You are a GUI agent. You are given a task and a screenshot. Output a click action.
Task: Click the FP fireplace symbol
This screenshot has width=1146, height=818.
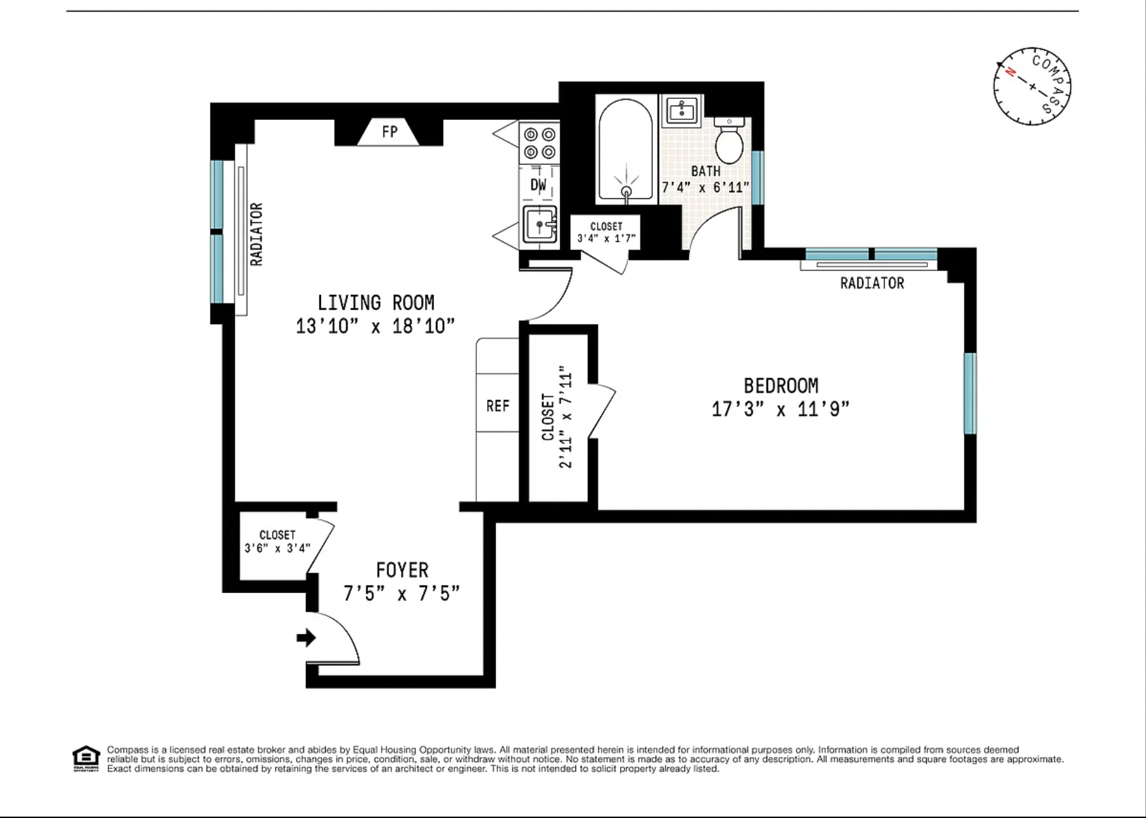tap(388, 132)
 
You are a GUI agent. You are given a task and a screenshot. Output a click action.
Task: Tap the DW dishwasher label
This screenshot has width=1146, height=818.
tap(538, 185)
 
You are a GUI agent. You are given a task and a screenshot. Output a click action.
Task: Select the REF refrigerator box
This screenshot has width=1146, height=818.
tap(497, 406)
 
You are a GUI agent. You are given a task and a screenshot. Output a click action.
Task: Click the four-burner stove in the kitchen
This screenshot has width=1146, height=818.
tap(539, 143)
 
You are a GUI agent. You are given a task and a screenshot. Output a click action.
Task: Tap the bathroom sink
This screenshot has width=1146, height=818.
tap(681, 110)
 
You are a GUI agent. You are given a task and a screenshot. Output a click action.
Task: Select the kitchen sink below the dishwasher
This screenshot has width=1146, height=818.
tap(540, 224)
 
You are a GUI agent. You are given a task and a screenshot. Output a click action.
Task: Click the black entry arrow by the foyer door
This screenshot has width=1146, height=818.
tap(307, 638)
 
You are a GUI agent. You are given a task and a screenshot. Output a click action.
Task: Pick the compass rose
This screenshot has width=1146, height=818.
tap(1032, 87)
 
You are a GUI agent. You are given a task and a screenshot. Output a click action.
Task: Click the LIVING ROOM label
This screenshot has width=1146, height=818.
tap(375, 303)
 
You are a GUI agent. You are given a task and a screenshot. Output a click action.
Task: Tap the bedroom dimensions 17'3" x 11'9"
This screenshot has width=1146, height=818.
tap(780, 409)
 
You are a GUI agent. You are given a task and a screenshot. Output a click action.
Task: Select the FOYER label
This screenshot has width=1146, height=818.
tap(402, 570)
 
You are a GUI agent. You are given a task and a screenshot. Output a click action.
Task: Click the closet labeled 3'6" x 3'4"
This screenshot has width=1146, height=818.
tap(277, 542)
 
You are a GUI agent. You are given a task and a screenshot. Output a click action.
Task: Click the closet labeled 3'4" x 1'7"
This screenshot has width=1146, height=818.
tap(606, 232)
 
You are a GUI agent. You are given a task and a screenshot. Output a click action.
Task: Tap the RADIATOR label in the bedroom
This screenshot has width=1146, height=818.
tap(871, 283)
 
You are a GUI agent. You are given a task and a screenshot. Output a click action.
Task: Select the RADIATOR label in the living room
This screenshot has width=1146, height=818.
tap(256, 234)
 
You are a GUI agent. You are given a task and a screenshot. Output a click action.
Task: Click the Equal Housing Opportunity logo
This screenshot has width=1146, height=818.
tap(86, 758)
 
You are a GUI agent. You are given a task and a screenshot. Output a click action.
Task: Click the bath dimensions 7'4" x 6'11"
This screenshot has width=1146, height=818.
tap(705, 187)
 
